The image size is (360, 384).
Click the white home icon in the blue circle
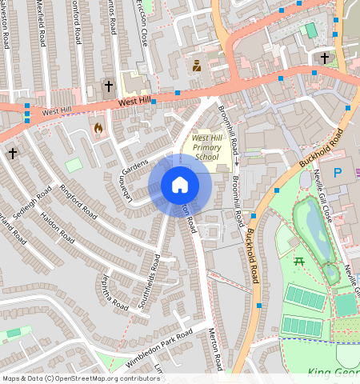[x=180, y=186]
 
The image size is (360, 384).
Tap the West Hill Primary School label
[x=206, y=147]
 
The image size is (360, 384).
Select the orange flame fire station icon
[x=98, y=128]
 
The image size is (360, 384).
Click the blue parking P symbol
[x=337, y=172]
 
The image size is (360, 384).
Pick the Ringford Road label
[x=78, y=202]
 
